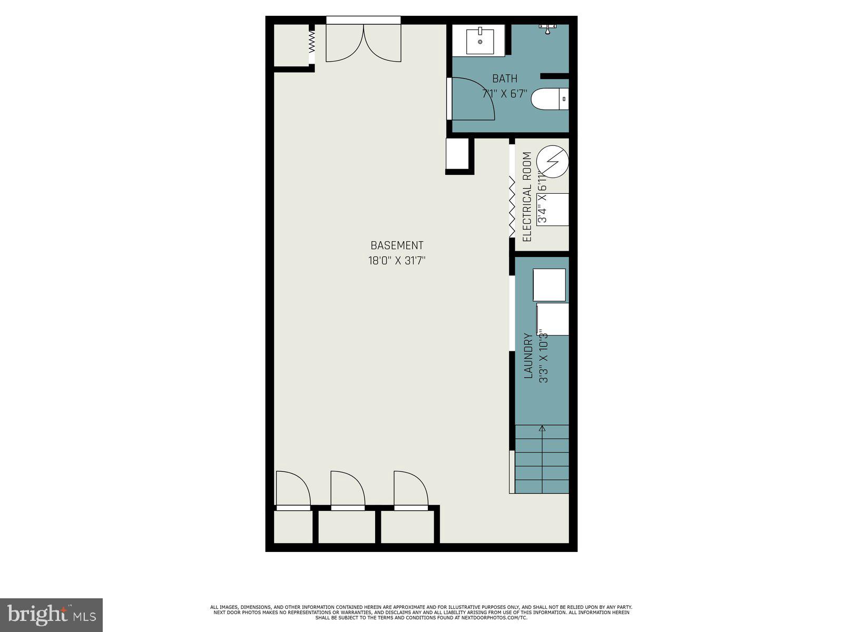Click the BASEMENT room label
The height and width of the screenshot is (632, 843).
[x=397, y=245]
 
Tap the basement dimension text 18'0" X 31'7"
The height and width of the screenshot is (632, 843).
[x=397, y=260]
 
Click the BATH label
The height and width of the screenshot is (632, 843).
[x=505, y=79]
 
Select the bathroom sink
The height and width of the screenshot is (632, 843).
[x=480, y=42]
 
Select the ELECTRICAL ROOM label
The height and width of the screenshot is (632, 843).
[x=527, y=197]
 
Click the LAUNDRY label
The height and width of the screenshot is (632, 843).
[x=529, y=356]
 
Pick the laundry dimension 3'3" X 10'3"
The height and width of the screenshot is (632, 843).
[x=544, y=356]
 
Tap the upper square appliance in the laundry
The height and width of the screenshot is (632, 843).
[x=550, y=285]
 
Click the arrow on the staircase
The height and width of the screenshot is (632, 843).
[x=542, y=429]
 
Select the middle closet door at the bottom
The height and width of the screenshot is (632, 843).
[x=347, y=490]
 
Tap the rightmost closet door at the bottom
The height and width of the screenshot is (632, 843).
[x=410, y=490]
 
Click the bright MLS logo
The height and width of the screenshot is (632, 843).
[x=52, y=615]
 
